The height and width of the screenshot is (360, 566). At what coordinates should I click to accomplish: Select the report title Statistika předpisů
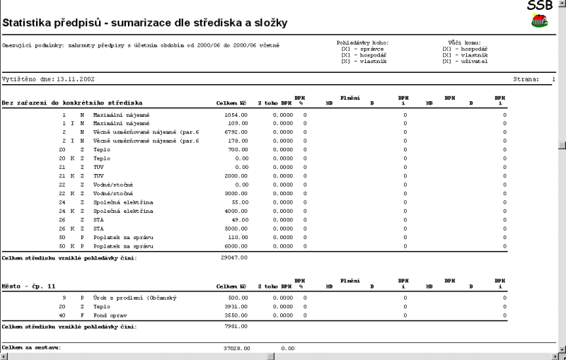pos(144,23)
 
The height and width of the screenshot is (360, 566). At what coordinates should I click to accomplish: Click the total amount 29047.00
pos(234,258)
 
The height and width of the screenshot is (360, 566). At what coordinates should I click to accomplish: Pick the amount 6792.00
pos(236,132)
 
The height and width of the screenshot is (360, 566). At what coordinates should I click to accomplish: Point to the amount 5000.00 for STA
pos(236,228)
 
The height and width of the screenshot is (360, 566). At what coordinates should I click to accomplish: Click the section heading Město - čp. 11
pos(28,286)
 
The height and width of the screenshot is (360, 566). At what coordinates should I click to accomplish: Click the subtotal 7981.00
pos(236,327)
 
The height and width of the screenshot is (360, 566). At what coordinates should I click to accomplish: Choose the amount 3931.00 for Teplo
pos(236,306)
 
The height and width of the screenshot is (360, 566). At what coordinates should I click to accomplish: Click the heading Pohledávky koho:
pos(362,43)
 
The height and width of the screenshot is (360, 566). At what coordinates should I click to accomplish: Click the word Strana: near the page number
pos(526,80)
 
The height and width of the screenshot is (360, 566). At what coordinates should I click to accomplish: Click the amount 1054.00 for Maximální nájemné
pos(236,114)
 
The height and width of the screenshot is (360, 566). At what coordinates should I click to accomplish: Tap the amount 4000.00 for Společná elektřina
pos(236,211)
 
